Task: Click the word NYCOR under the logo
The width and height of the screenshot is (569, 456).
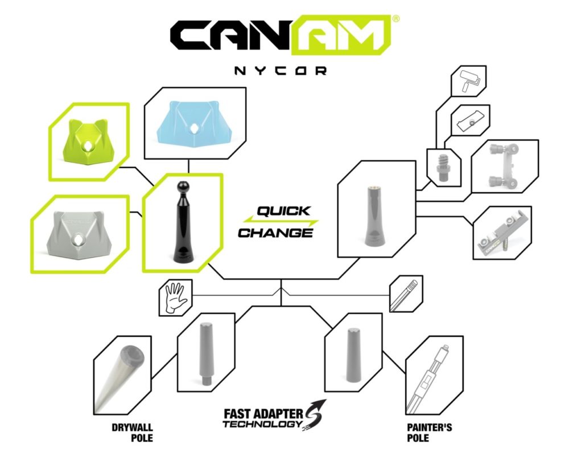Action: (280, 71)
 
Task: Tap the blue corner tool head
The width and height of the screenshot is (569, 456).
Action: (195, 123)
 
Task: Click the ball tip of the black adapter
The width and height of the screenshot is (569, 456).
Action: (182, 187)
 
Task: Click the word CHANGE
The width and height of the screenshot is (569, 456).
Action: (276, 233)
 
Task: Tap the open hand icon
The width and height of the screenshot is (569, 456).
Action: (176, 298)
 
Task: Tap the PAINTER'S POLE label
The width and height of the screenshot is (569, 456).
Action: (429, 433)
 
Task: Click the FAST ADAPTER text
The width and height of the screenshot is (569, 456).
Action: (263, 413)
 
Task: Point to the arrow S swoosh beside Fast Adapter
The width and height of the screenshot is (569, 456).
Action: (315, 414)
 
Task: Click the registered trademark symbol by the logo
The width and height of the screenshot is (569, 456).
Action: (396, 19)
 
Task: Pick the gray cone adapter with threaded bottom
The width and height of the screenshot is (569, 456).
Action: (206, 353)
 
